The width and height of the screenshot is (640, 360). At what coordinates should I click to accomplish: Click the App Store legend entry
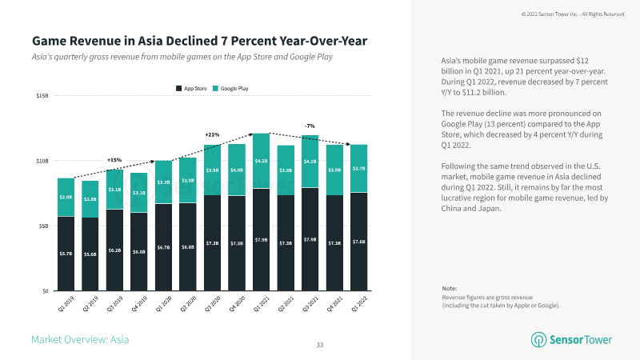193,87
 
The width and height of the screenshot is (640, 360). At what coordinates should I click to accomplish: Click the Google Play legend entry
234,87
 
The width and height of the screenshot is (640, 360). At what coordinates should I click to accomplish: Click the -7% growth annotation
310,126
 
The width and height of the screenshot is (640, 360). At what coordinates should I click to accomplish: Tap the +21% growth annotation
212,134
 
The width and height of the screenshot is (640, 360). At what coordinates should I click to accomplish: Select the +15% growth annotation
114,160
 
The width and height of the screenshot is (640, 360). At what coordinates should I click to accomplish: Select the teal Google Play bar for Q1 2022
358,169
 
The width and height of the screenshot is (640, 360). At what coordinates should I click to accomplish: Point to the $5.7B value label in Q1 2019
66,254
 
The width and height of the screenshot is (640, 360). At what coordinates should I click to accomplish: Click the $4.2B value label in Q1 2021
261,161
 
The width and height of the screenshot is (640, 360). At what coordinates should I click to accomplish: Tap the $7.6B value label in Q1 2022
358,242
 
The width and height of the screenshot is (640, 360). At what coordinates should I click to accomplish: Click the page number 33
320,344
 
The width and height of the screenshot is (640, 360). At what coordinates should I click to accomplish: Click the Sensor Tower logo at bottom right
571,340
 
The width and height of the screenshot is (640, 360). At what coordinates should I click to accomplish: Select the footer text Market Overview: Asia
80,340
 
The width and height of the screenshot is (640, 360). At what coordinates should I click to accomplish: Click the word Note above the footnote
450,288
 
